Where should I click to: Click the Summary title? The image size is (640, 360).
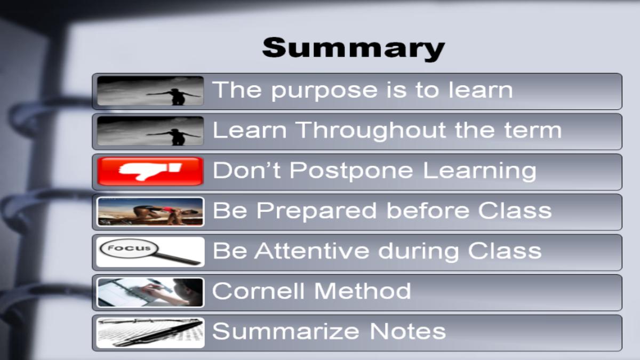pyautogui.click(x=354, y=49)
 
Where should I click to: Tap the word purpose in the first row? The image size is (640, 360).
pyautogui.click(x=324, y=91)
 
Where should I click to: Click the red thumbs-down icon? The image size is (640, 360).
pyautogui.click(x=150, y=171)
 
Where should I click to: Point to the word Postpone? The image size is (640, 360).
pyautogui.click(x=351, y=171)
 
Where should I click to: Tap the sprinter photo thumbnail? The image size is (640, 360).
pyautogui.click(x=150, y=212)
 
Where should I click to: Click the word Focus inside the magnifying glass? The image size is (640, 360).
pyautogui.click(x=129, y=247)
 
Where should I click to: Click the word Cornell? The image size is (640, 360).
pyautogui.click(x=258, y=291)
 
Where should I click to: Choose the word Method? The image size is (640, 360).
pyautogui.click(x=363, y=291)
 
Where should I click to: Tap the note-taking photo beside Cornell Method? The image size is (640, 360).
pyautogui.click(x=150, y=293)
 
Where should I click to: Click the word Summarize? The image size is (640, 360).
pyautogui.click(x=286, y=331)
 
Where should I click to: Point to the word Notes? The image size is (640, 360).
pyautogui.click(x=407, y=331)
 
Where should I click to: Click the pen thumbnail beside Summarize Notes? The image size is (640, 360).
pyautogui.click(x=150, y=333)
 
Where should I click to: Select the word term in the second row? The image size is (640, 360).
pyautogui.click(x=533, y=130)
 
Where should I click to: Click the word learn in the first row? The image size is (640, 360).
pyautogui.click(x=481, y=90)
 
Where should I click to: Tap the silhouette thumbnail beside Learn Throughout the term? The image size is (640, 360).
pyautogui.click(x=150, y=131)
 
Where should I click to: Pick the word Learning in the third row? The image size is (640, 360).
pyautogui.click(x=479, y=171)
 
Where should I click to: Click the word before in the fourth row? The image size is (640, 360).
pyautogui.click(x=428, y=211)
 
